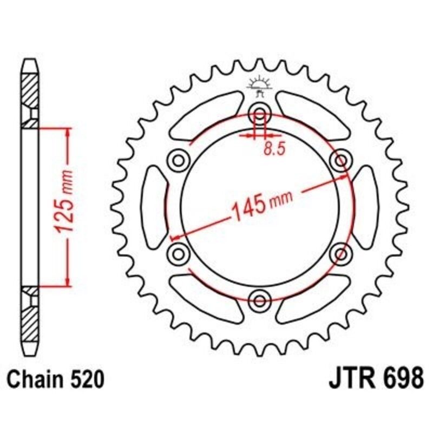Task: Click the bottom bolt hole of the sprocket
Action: click(x=260, y=300)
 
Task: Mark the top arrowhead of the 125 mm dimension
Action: click(x=67, y=133)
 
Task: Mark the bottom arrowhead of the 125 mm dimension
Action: click(x=67, y=281)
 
